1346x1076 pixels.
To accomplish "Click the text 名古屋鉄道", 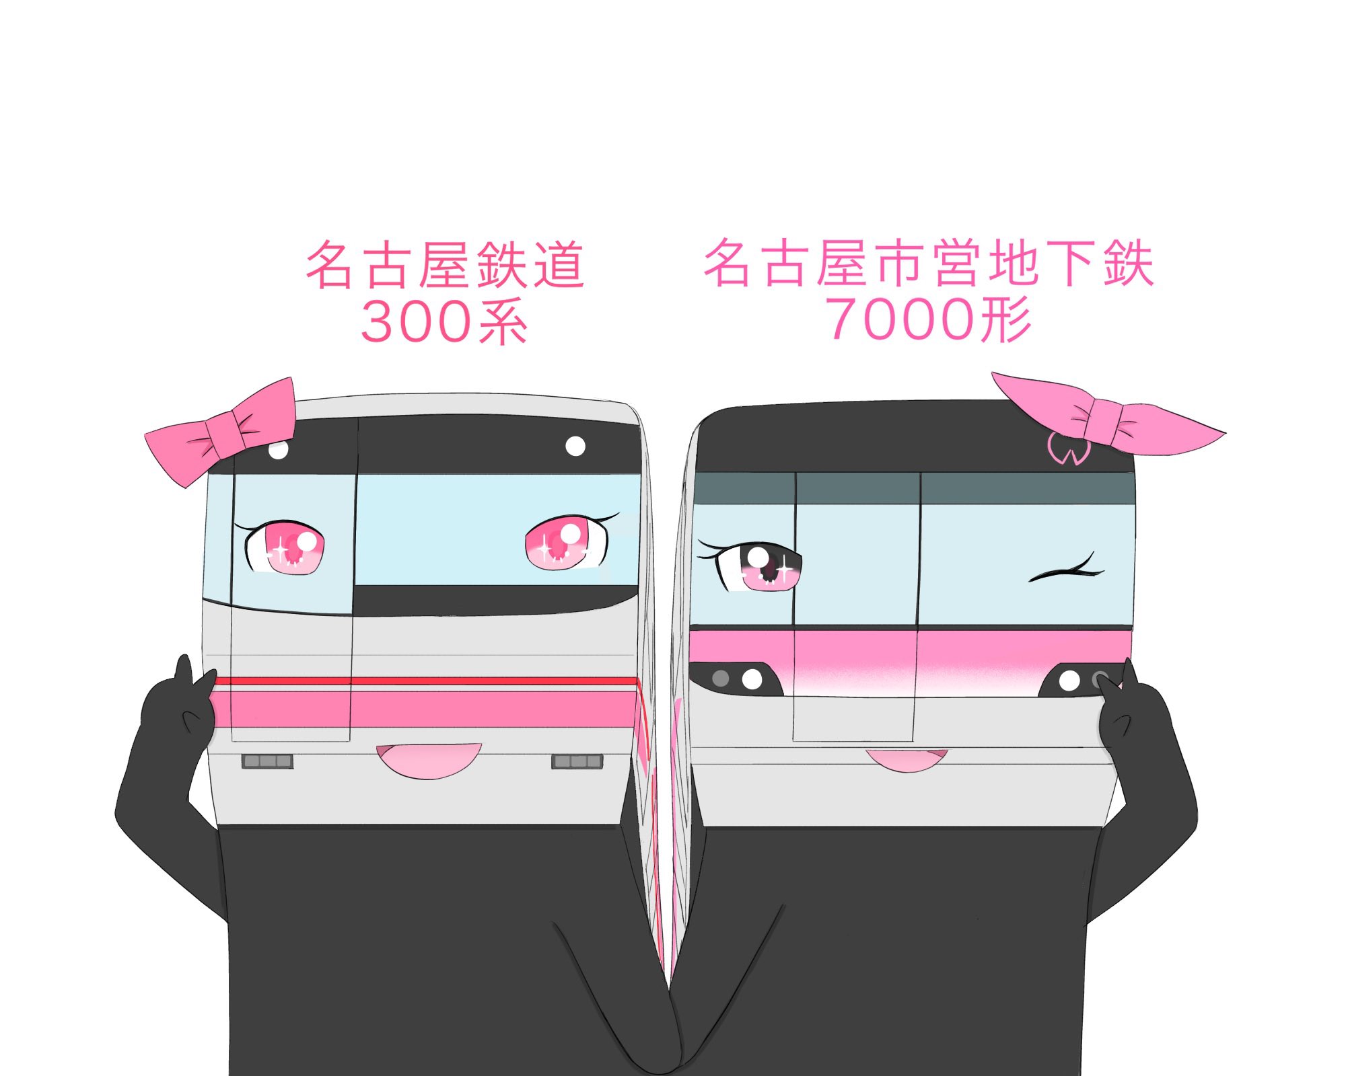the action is click(x=445, y=265).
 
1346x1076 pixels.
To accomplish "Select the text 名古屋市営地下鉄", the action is click(x=929, y=263).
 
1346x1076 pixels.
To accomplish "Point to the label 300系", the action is click(x=444, y=322).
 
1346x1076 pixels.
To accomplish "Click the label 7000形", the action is click(x=929, y=319).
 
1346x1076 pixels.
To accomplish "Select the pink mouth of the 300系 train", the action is click(x=429, y=760).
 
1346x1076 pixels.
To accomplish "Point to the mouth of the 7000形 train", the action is click(x=907, y=760).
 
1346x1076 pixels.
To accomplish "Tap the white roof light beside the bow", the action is click(x=279, y=449).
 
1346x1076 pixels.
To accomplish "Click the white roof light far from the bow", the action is click(x=575, y=446).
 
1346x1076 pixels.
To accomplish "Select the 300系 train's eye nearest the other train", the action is click(x=565, y=543).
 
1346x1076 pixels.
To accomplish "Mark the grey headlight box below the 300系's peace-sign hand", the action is click(x=267, y=761).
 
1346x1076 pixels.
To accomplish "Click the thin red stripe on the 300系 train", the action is click(x=424, y=681).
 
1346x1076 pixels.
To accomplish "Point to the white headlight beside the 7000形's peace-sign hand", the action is click(x=1069, y=681).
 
